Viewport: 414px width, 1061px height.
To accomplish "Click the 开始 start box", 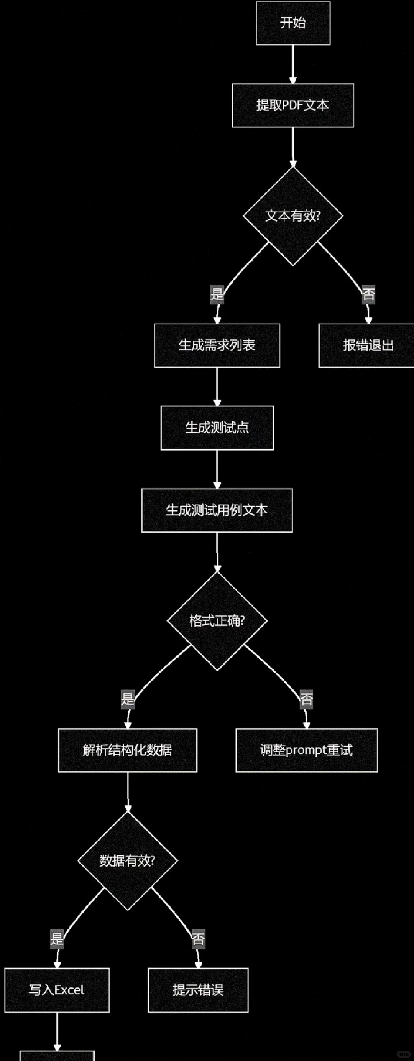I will (x=293, y=23).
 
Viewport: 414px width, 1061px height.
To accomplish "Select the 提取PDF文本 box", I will (x=293, y=105).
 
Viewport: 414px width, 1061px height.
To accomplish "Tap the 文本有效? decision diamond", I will (x=293, y=216).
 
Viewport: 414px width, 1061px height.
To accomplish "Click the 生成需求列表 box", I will (x=217, y=345).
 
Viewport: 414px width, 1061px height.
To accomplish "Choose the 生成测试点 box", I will (x=217, y=428).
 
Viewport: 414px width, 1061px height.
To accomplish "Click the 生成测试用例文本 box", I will (x=217, y=510).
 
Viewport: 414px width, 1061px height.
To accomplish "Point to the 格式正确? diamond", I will (x=217, y=621).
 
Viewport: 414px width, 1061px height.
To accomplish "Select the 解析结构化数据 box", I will (x=127, y=750).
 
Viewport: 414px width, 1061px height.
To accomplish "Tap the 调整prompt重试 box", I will (x=307, y=750).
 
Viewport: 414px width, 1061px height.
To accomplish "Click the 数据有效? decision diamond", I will (x=127, y=861).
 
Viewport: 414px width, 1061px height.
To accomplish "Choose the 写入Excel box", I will (x=57, y=990).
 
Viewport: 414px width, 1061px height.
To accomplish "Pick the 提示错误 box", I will (x=198, y=990).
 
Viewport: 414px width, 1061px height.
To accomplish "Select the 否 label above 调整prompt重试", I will (x=306, y=699).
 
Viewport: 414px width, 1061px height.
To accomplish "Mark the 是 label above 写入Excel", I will (x=57, y=939).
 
